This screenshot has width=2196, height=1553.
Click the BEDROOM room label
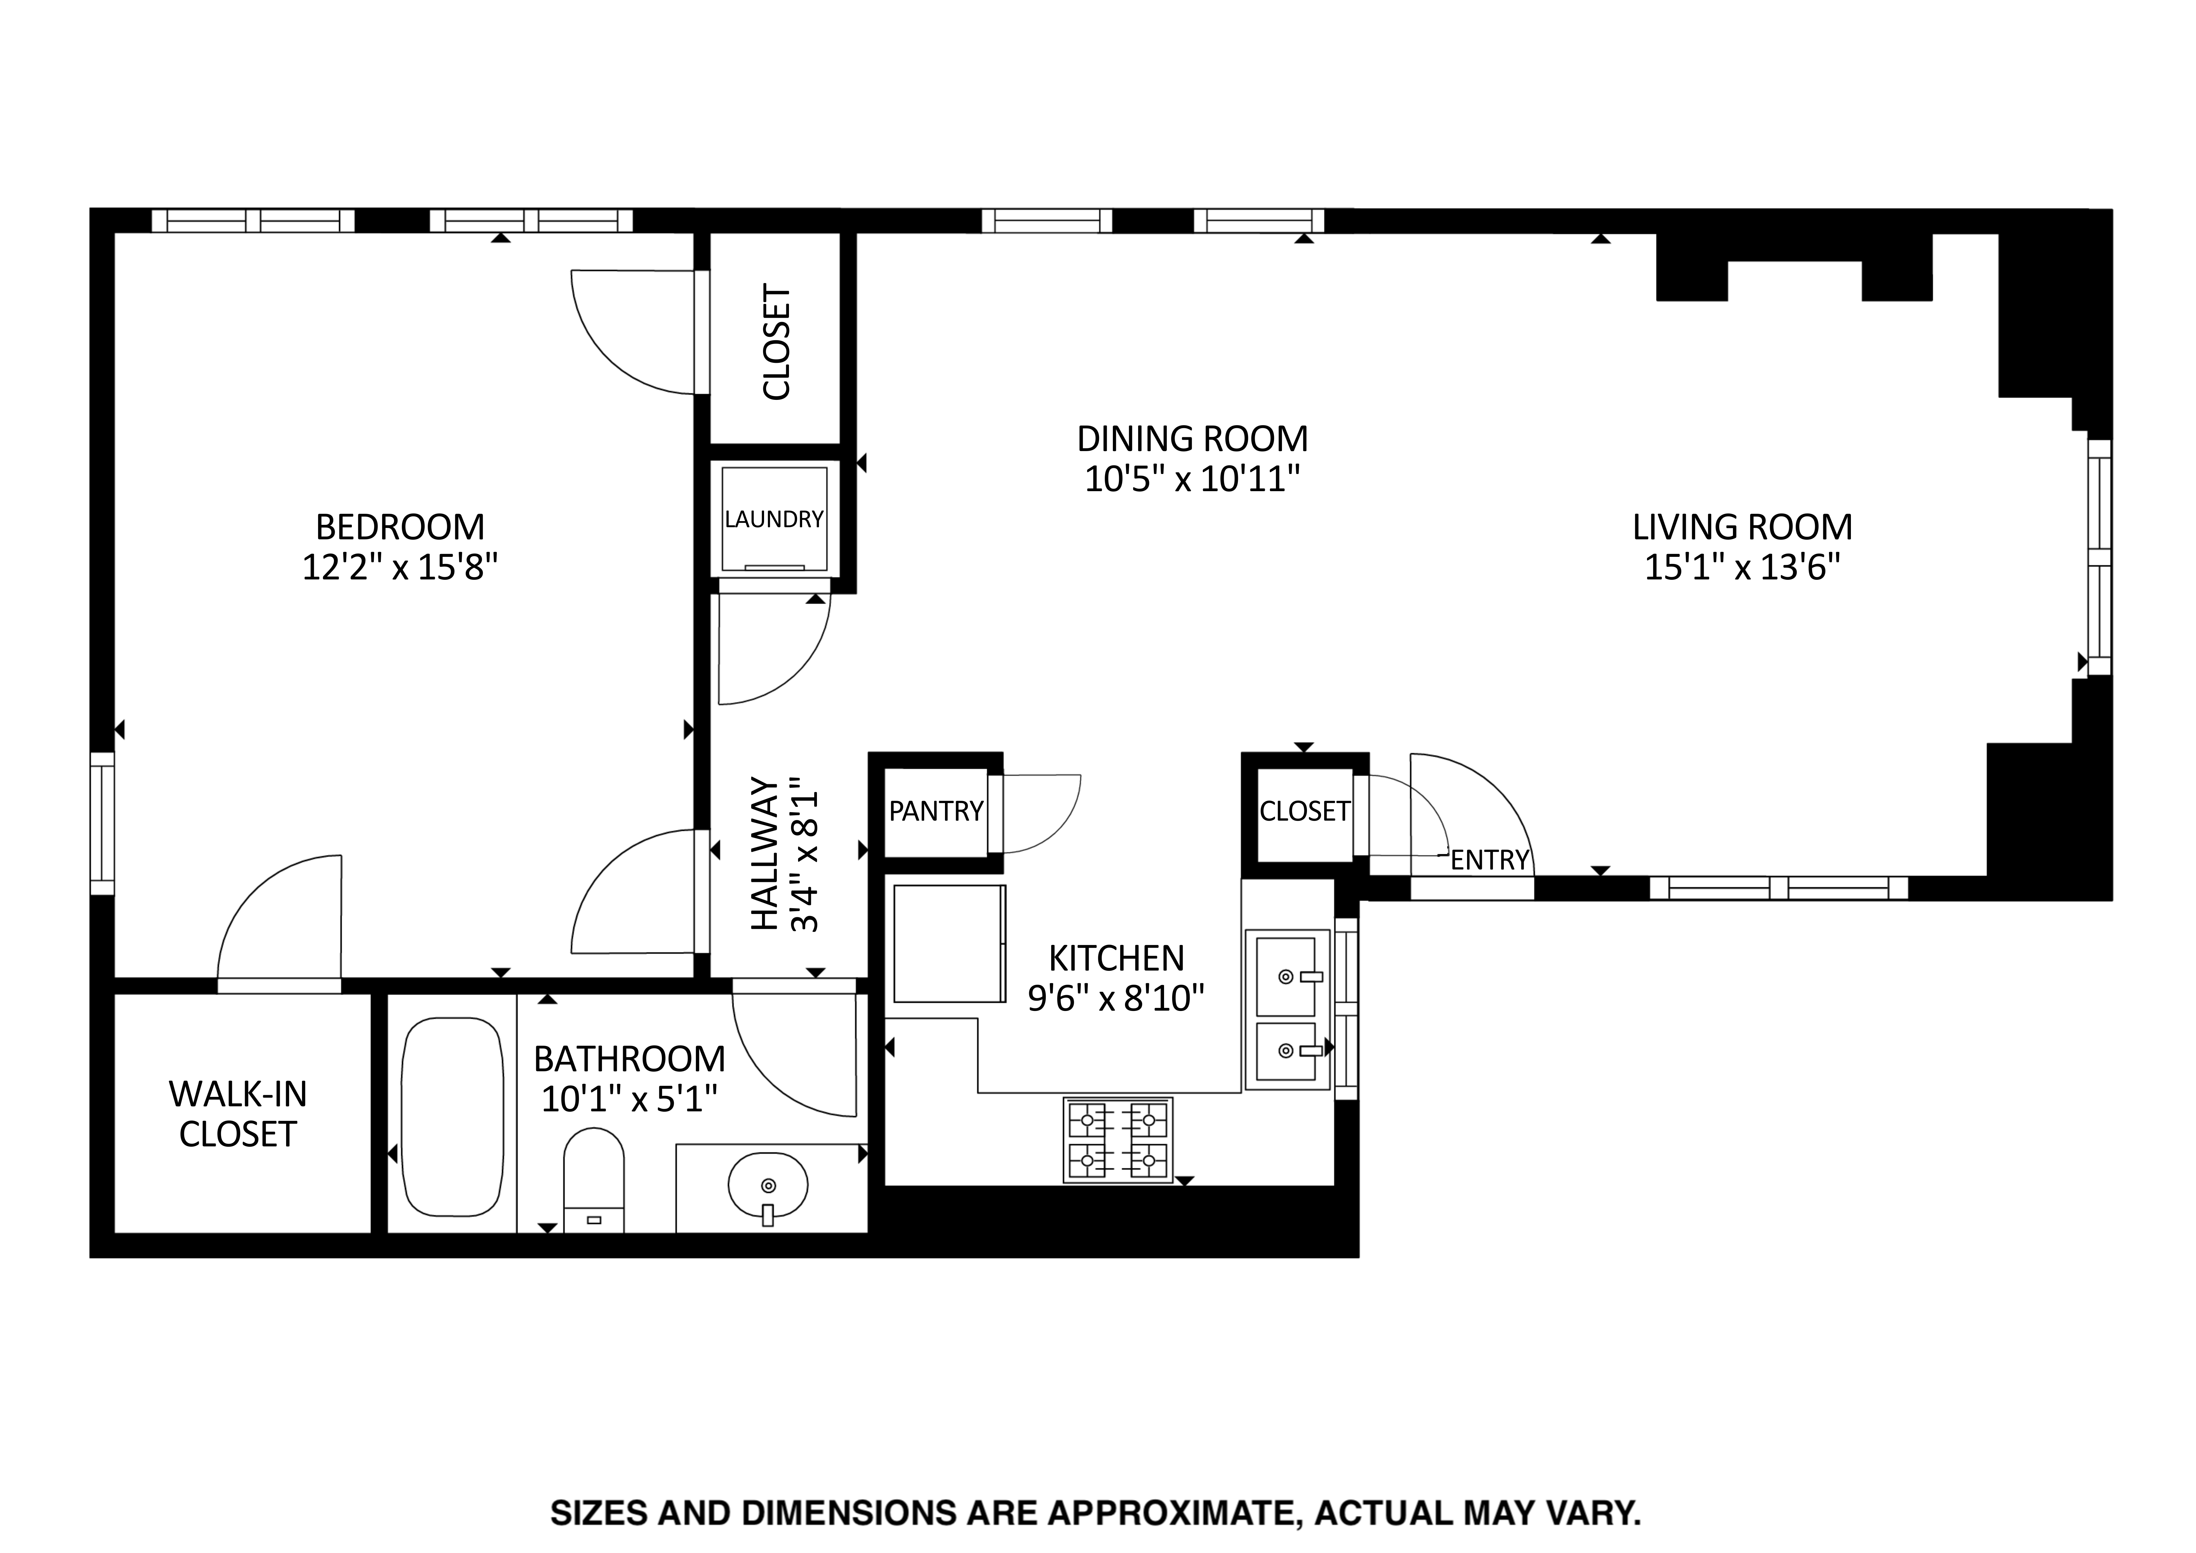(400, 527)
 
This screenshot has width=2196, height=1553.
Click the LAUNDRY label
(774, 519)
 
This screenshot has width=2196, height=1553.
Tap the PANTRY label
(936, 811)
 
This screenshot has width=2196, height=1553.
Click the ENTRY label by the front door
(1490, 860)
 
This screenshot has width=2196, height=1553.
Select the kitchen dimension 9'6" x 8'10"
(1115, 999)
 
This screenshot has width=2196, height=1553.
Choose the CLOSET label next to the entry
(1305, 811)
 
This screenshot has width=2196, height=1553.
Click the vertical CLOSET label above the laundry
(776, 341)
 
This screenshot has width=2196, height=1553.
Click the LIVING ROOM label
(1742, 527)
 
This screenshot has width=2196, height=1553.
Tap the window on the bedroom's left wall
(102, 823)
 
